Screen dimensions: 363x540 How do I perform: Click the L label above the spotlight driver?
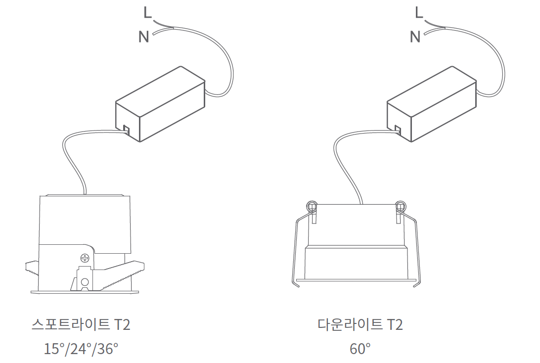click(147, 13)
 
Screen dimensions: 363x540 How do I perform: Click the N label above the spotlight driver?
click(144, 37)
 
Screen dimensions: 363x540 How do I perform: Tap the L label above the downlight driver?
click(419, 13)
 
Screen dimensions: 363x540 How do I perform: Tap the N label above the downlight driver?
click(415, 37)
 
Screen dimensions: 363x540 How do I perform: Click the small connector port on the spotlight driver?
click(125, 130)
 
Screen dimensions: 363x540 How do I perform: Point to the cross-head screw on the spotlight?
click(85, 258)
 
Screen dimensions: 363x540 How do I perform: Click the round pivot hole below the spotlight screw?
click(85, 282)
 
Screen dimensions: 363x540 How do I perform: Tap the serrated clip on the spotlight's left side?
click(32, 268)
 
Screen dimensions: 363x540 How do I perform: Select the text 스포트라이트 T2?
click(81, 324)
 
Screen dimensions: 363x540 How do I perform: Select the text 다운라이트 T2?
click(360, 324)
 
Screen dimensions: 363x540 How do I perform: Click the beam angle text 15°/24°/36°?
click(81, 349)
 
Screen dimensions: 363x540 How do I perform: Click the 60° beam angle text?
click(360, 349)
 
